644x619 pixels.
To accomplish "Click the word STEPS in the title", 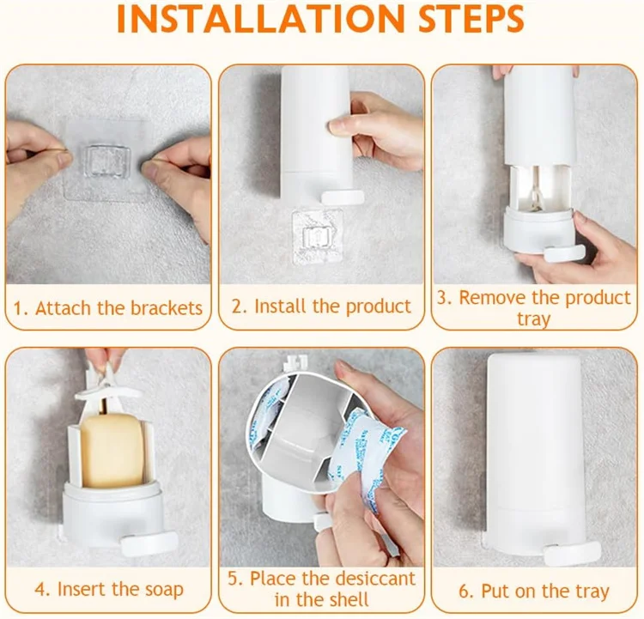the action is [x=471, y=19].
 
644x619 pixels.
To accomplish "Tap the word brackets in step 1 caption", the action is [x=166, y=308].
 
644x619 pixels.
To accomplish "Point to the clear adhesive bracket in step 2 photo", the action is [x=317, y=237].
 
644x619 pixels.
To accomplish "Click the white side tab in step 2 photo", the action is [x=343, y=197].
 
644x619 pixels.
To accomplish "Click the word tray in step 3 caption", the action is [x=533, y=319].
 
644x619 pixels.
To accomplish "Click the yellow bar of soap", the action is [x=112, y=450].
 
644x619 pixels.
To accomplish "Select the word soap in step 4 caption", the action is [x=163, y=590].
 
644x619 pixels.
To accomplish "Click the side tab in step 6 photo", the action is [x=572, y=551].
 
